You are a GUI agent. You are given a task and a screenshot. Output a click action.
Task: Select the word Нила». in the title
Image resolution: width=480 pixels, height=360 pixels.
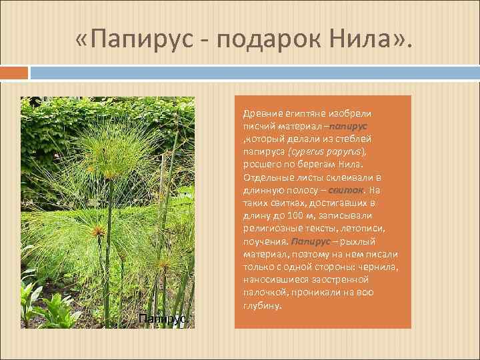[369, 43]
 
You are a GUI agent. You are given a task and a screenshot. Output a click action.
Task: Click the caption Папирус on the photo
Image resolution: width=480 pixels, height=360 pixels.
[163, 319]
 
